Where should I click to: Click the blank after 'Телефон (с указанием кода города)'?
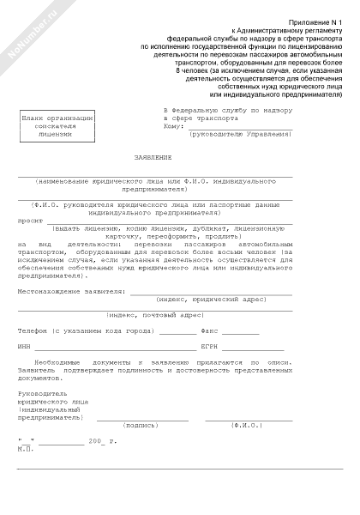(x=177, y=330)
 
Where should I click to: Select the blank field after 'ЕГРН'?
(x=255, y=347)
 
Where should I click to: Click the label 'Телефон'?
(x=33, y=330)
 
